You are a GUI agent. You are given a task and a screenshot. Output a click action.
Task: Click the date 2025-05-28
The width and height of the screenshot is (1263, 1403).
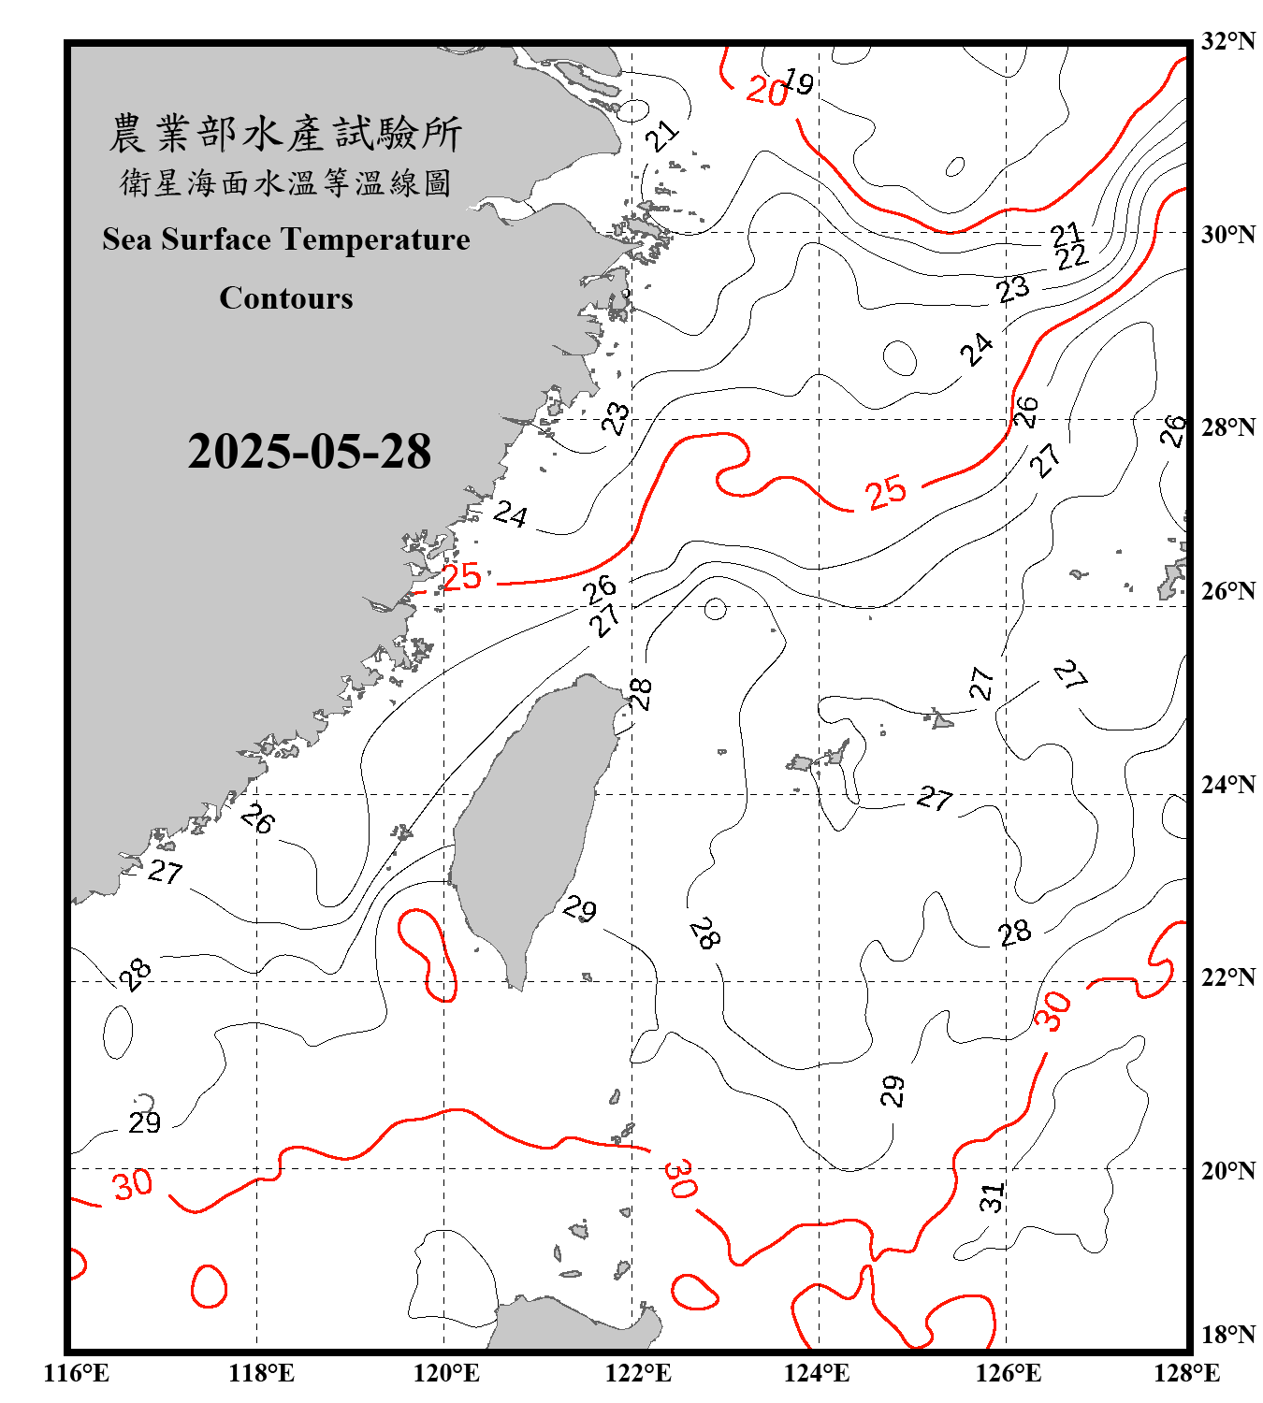coord(309,452)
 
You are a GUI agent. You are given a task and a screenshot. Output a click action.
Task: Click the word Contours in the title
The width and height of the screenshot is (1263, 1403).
coord(286,298)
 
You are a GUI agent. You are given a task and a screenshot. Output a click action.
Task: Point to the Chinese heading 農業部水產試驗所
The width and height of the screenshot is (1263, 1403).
coord(285,134)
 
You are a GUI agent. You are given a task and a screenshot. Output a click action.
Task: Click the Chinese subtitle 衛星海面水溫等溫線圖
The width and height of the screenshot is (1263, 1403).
coord(285,182)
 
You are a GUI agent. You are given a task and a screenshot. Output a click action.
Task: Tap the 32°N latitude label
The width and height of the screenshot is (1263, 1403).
coord(1227,41)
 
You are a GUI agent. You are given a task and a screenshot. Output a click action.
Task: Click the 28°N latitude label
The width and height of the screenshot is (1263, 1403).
coord(1227,427)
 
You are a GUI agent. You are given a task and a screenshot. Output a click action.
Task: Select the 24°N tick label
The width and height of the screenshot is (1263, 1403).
coord(1227,785)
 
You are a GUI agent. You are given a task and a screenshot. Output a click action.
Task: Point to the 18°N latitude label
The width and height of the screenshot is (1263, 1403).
coord(1227,1335)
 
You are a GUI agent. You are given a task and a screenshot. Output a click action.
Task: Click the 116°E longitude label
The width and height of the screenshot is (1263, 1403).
coord(77,1373)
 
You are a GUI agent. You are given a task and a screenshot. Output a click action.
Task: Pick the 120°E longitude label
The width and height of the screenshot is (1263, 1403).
coord(446,1373)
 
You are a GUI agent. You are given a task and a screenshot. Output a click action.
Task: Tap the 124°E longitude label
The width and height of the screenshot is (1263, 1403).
coord(817,1373)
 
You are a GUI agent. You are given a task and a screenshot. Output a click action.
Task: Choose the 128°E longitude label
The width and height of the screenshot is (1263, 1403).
coord(1186,1373)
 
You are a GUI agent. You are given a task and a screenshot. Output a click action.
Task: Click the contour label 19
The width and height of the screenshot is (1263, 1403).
coord(798,82)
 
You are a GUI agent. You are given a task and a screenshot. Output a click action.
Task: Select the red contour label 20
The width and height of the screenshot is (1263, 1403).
coord(767,92)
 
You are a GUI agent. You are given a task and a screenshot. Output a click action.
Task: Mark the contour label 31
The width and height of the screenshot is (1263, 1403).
coord(992,1196)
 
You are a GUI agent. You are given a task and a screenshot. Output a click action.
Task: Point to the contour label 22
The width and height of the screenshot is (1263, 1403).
coord(1072,256)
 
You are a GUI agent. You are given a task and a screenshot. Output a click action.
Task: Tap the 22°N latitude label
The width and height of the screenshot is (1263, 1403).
coord(1227,977)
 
